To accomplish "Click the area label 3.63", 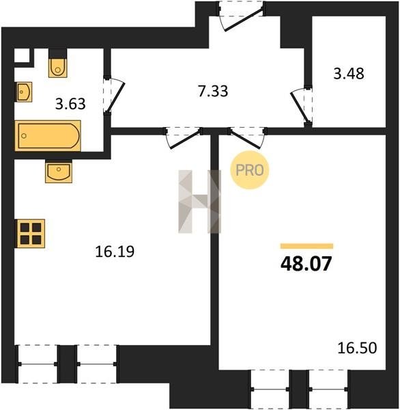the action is coord(70,104).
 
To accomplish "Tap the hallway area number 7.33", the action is coord(213,92).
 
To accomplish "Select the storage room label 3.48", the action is coord(349,74).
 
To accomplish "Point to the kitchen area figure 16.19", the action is coord(115,251).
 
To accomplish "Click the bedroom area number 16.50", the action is coord(357,348).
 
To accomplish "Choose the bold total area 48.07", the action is coord(306,264).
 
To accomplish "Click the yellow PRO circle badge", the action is coord(250,170).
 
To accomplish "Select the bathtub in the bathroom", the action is coord(48,136).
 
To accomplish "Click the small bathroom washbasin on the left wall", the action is coord(25,92).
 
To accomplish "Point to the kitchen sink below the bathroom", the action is coord(59,171).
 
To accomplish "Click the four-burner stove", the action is coord(31,233).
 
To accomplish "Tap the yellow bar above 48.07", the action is coord(306,246).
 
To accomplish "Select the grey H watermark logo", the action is coord(199,202).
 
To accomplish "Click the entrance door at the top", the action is coord(242,16).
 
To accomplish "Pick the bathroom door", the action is coord(113,96).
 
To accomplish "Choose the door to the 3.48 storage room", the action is coord(301,106).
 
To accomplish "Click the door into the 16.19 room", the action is coord(184,138).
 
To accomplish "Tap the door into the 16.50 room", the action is coord(247,138).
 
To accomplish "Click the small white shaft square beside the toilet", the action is coord(21,55).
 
